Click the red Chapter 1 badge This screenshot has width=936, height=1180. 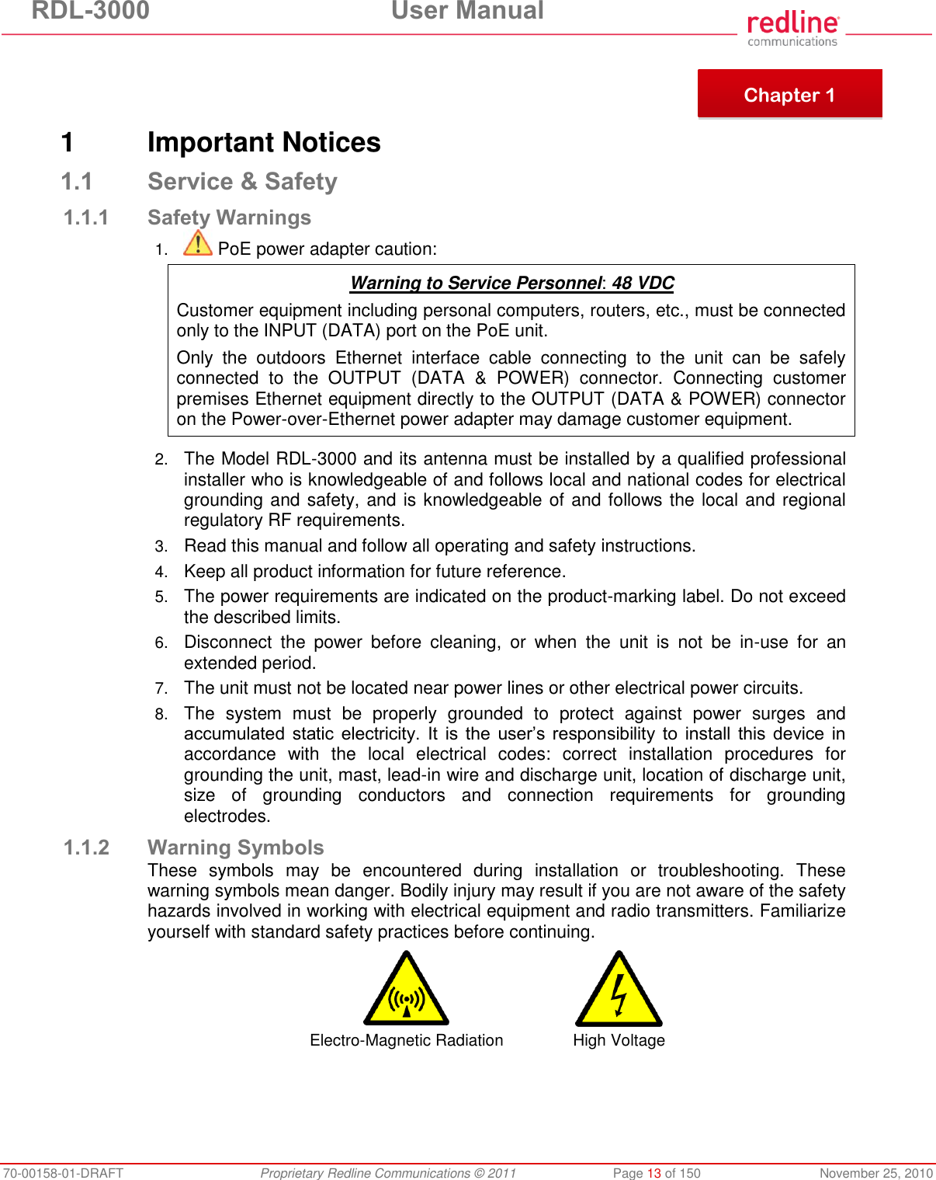point(789,94)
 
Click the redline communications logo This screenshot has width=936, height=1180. point(792,29)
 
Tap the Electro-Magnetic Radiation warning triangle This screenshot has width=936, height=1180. point(406,991)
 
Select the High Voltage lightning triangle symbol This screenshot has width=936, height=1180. point(619,991)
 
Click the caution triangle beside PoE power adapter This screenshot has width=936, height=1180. point(198,243)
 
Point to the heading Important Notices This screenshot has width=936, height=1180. point(264,142)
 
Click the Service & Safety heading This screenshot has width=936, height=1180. point(242,182)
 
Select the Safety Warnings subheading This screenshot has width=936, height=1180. point(229,218)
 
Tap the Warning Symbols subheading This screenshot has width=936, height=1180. point(235,848)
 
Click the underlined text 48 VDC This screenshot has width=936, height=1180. point(643,283)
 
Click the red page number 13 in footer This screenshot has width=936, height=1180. point(653,1173)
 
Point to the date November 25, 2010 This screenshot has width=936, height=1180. point(875,1173)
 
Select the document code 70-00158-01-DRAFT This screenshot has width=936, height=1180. point(63,1173)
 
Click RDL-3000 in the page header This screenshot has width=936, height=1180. point(91,11)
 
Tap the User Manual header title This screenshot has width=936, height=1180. point(467,11)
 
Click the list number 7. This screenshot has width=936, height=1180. point(161,689)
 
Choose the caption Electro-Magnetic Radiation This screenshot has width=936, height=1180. point(406,1040)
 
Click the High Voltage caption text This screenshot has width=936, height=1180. point(619,1040)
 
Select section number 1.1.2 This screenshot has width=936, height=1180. point(86,848)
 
